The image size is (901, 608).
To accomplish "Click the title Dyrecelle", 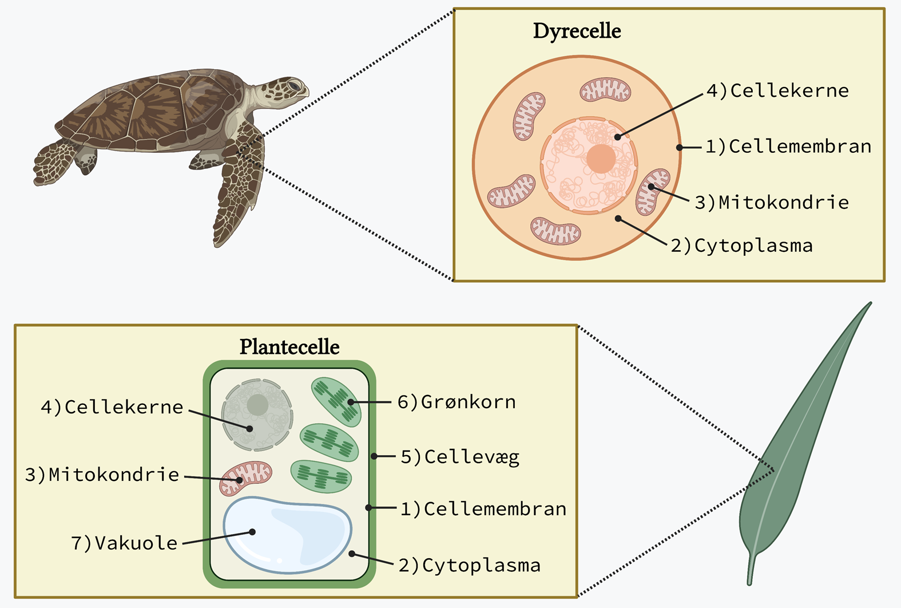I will click(x=577, y=31).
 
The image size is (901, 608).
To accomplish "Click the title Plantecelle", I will click(x=289, y=347).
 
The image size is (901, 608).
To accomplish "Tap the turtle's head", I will click(x=289, y=89).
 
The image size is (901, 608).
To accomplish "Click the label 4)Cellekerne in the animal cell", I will click(x=777, y=90).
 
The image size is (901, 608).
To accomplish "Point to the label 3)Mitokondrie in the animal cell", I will click(x=772, y=202).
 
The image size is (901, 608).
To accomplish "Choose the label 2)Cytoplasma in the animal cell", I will click(x=741, y=246).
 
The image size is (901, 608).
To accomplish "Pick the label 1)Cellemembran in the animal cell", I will click(x=788, y=147).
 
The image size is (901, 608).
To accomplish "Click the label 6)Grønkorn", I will click(x=457, y=402).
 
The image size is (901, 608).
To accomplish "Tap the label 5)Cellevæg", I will click(x=460, y=457).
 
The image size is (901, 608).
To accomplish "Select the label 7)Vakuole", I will click(x=124, y=543).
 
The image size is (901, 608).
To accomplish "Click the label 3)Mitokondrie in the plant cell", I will click(x=102, y=475).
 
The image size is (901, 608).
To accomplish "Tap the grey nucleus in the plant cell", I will click(x=257, y=414).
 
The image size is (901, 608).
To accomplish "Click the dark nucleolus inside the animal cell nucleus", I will click(x=601, y=159).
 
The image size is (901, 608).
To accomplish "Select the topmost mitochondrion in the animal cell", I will click(x=605, y=90).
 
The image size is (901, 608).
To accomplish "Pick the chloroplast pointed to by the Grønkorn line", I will click(x=336, y=401).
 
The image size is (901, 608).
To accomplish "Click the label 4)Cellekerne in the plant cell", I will click(x=112, y=407).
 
